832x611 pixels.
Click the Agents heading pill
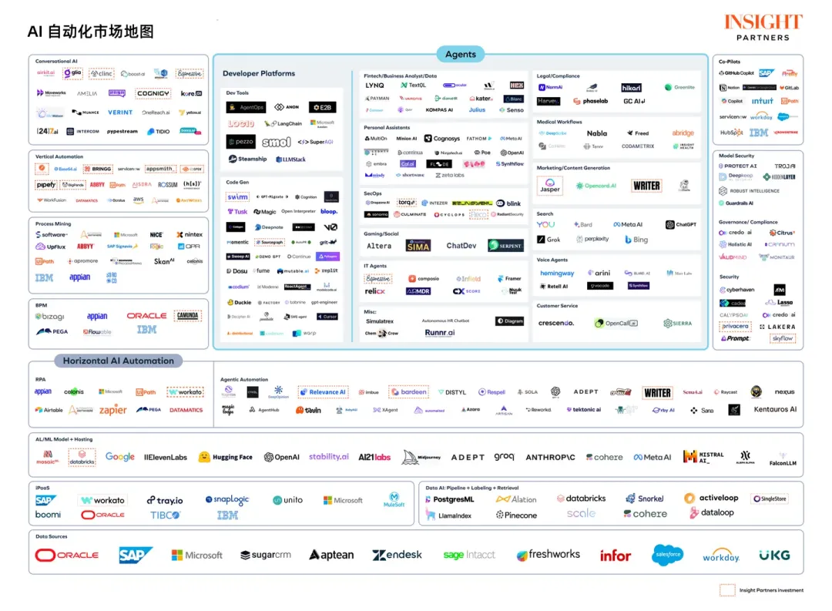pos(461,54)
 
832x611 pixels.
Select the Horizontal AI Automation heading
pos(118,361)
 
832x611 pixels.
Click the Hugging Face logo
pos(225,457)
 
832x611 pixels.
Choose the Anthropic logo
pos(550,457)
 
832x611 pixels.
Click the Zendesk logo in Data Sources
pos(397,555)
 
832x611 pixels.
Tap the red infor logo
pos(615,555)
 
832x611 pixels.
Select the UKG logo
pos(773,555)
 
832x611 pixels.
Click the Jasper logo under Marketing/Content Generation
pos(550,186)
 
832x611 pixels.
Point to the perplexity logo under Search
pos(592,240)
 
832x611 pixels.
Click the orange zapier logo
pos(113,410)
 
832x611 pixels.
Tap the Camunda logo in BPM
pos(188,316)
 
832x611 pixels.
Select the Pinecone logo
pos(516,515)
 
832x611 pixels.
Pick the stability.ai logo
pos(328,457)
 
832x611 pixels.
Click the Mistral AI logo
pos(703,457)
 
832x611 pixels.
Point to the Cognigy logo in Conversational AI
pos(153,93)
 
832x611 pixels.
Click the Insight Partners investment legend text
pos(770,591)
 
